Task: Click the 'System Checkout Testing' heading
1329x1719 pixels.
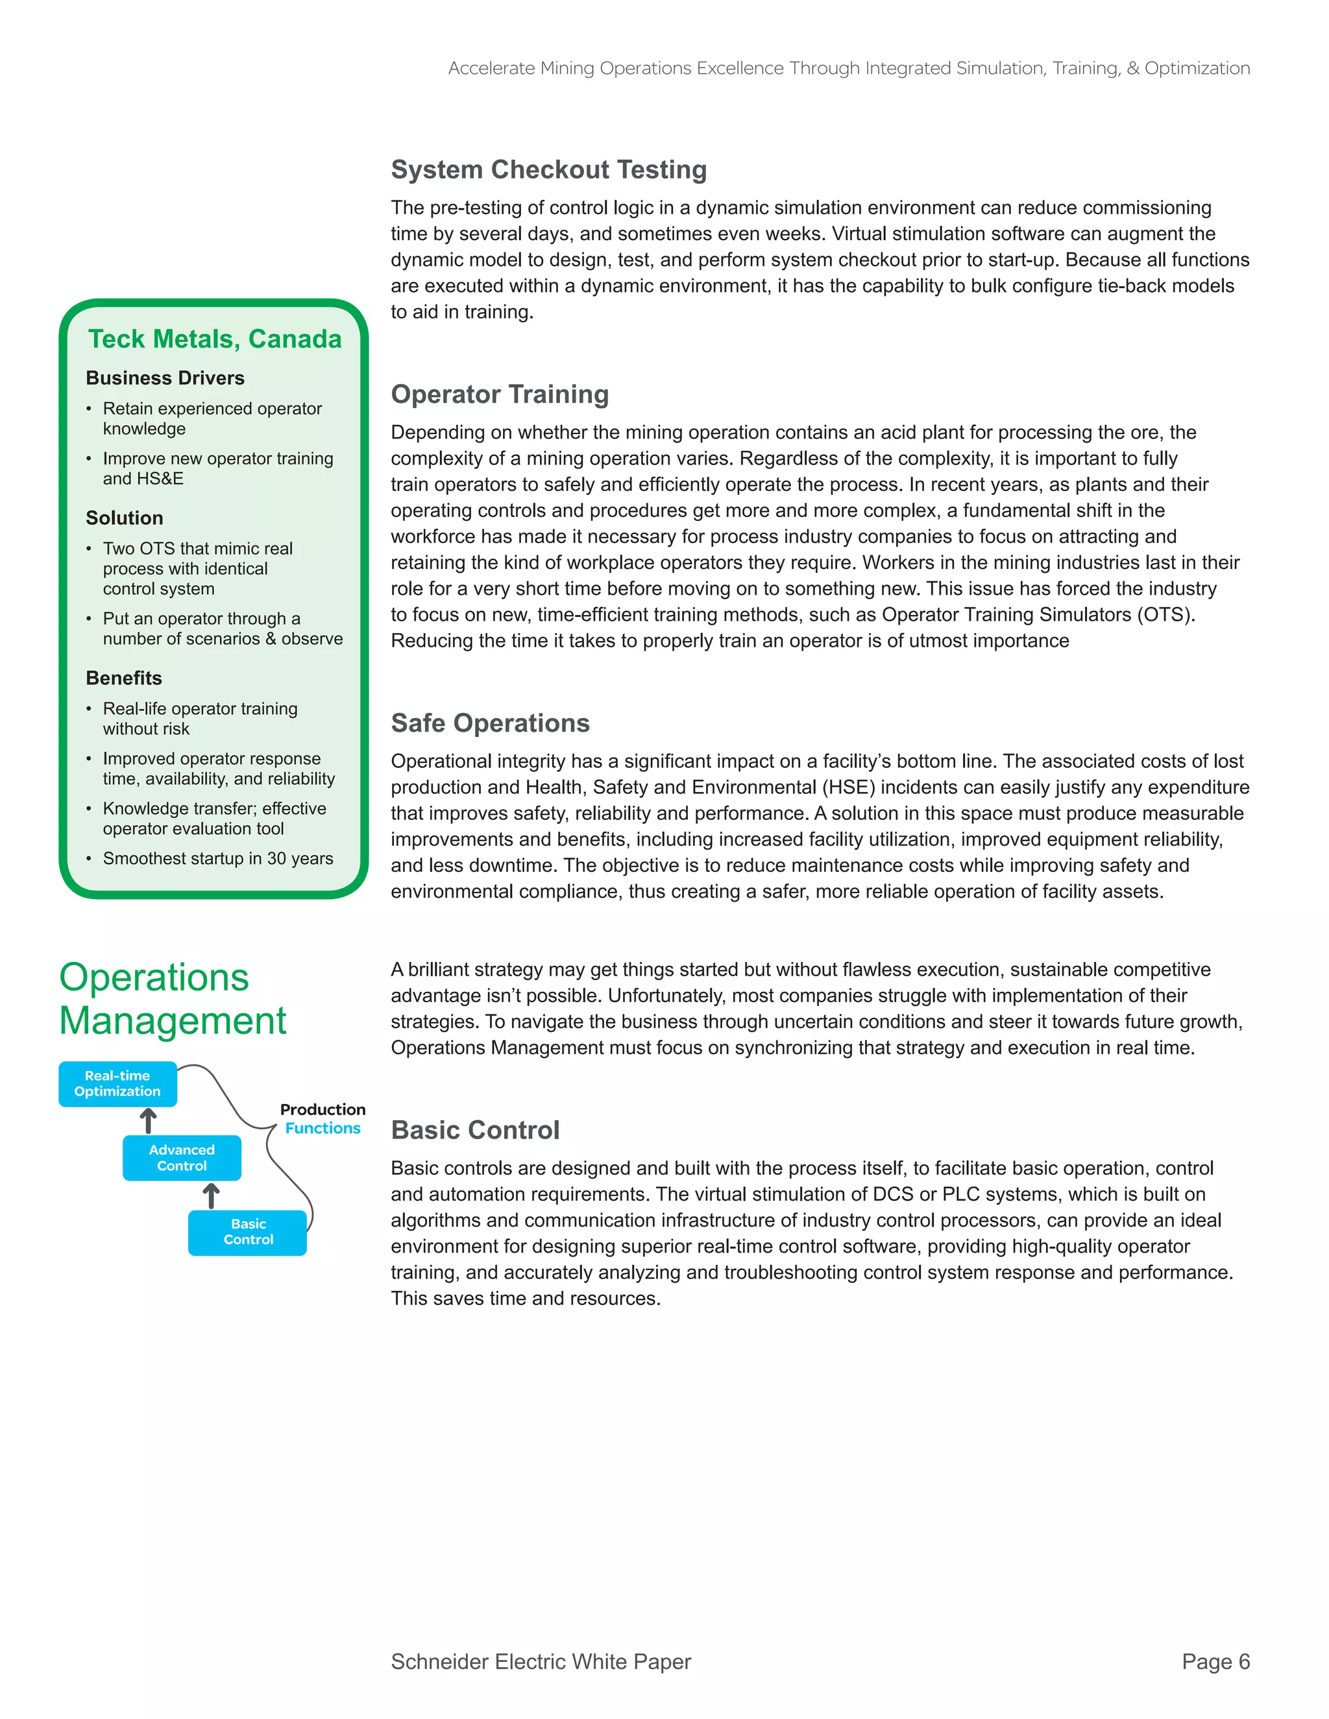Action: point(549,170)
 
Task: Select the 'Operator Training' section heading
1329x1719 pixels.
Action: point(500,394)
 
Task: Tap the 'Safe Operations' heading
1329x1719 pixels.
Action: point(490,723)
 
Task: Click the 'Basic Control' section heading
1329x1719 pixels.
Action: point(475,1130)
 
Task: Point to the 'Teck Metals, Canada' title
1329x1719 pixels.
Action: point(214,339)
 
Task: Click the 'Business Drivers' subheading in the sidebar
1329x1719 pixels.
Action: point(165,379)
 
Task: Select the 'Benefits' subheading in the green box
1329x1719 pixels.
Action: point(123,679)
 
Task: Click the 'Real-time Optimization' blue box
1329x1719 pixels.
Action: point(117,1084)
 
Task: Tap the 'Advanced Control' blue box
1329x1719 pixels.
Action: point(182,1158)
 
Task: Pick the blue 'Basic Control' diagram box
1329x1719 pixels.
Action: point(247,1232)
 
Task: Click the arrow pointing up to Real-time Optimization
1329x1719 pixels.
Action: point(148,1121)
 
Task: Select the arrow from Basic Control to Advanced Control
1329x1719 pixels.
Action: point(211,1196)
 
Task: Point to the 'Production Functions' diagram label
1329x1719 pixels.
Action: point(323,1118)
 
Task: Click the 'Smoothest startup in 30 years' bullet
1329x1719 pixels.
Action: point(218,859)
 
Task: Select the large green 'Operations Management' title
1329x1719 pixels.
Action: point(173,1000)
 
